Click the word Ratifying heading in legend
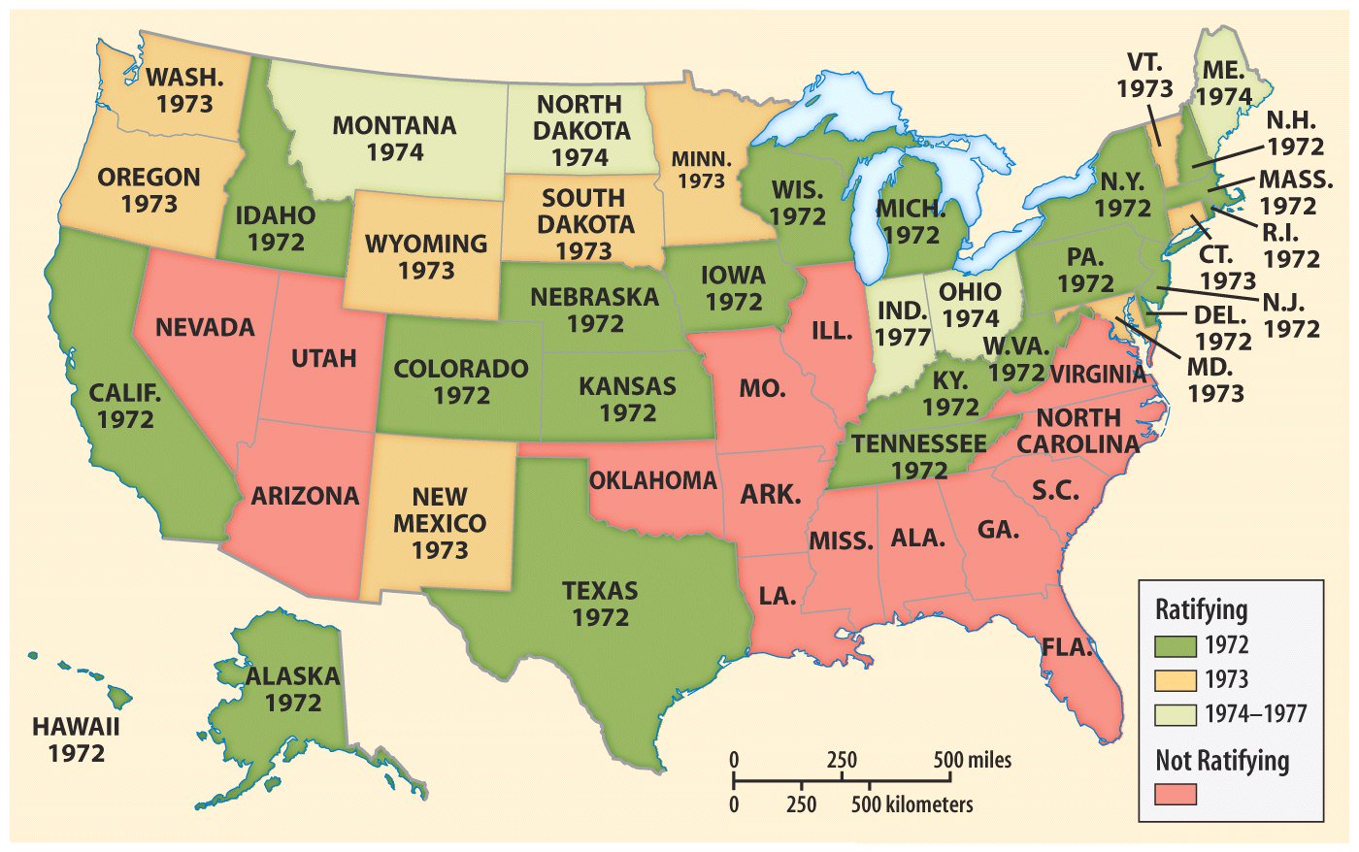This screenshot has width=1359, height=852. (1201, 610)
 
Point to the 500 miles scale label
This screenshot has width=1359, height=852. (972, 760)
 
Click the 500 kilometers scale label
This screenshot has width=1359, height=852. (912, 804)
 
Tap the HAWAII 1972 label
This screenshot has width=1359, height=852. (76, 739)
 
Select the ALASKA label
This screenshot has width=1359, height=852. (292, 676)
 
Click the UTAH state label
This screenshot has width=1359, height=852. (324, 359)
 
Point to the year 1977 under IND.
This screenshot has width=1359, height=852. (903, 338)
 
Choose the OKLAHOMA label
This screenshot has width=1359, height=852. (653, 480)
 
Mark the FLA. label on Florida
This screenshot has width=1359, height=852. (1068, 647)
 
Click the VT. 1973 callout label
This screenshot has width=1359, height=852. (1144, 76)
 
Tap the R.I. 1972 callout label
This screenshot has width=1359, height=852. (1292, 246)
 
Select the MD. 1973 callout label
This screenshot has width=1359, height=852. (1214, 380)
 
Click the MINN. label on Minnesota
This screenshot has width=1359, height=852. (701, 169)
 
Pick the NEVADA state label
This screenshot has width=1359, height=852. (205, 327)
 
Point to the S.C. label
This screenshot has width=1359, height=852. (1055, 490)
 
